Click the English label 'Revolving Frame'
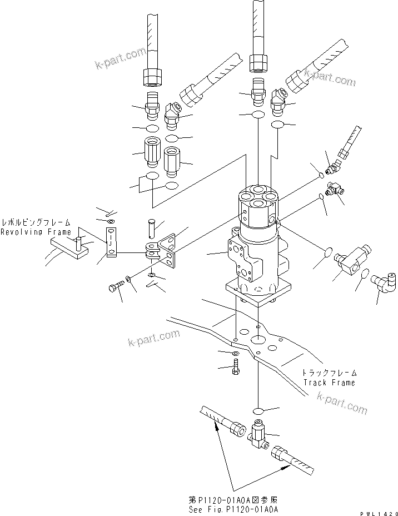click(x=36, y=232)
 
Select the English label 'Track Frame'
click(x=329, y=383)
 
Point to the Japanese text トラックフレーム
click(x=329, y=373)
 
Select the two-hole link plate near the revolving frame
click(x=112, y=242)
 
